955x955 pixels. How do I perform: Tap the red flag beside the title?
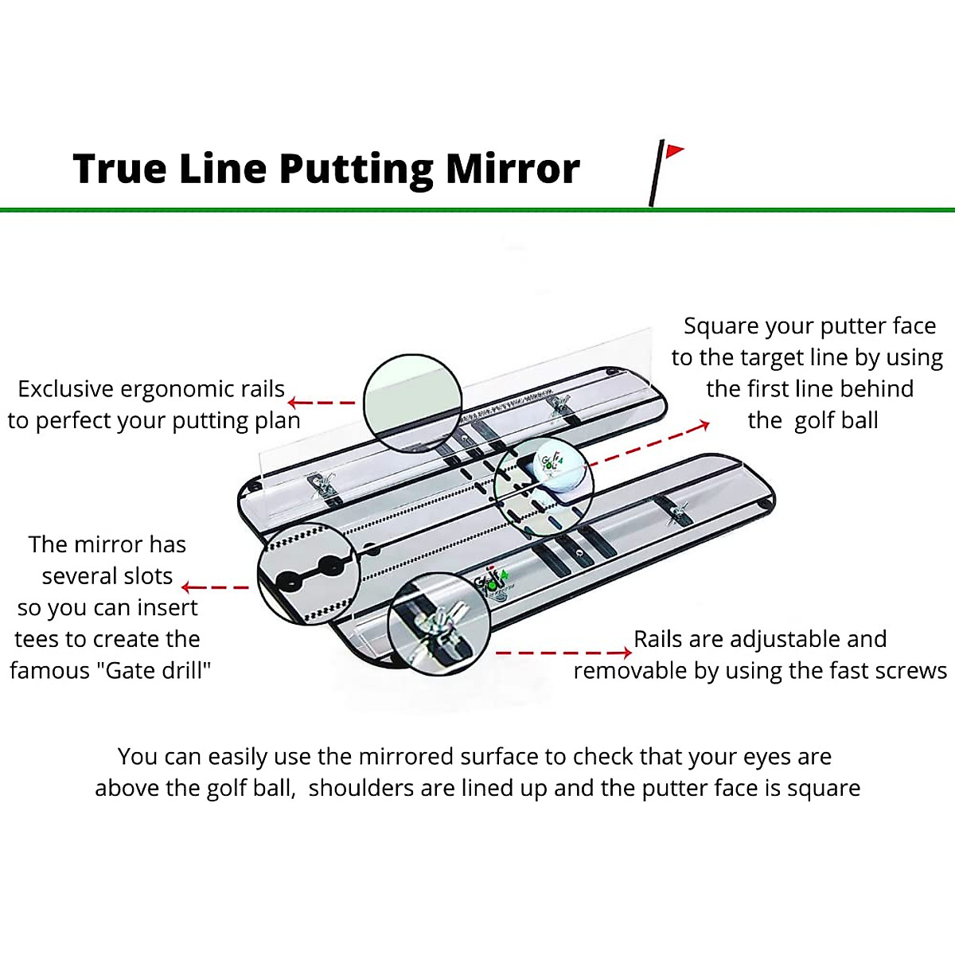click(674, 150)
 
